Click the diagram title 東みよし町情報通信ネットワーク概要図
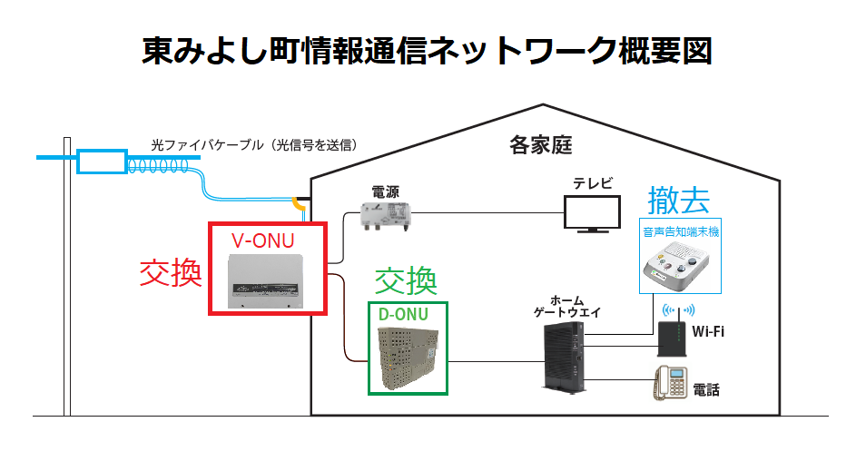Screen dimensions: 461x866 pyautogui.click(x=427, y=50)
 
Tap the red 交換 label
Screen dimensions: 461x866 pyautogui.click(x=170, y=272)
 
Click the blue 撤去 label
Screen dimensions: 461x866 pyautogui.click(x=678, y=201)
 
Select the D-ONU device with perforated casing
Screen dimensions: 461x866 pyautogui.click(x=408, y=358)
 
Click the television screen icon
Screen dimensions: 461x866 pyautogui.click(x=592, y=214)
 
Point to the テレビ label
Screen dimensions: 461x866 pyautogui.click(x=592, y=183)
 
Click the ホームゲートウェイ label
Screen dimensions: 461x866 pyautogui.click(x=566, y=306)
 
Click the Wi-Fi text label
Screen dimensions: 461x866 pyautogui.click(x=708, y=331)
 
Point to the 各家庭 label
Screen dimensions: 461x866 pyautogui.click(x=541, y=145)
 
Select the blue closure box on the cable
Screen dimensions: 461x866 pyautogui.click(x=102, y=162)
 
